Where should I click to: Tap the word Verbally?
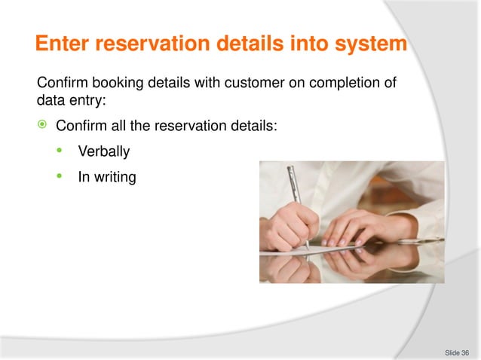(104, 152)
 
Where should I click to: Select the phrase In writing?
(107, 178)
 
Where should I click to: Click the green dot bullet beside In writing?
(60, 177)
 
